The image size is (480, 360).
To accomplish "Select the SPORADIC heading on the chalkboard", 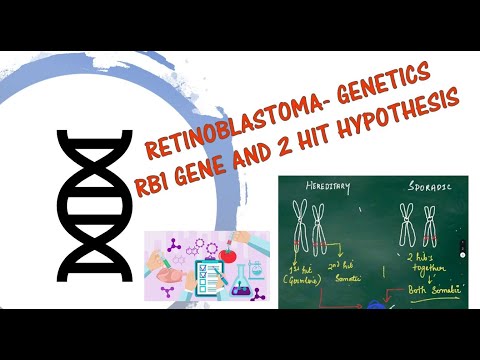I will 419,187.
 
